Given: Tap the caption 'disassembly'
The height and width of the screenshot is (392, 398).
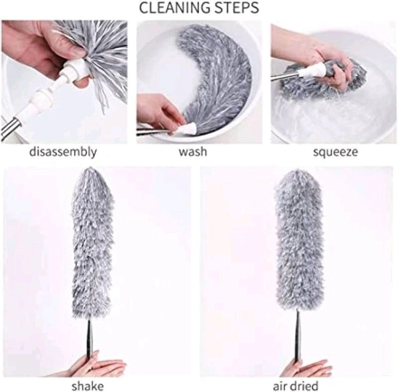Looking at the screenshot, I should [x=63, y=152].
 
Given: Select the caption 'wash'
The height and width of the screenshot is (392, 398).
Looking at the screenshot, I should [x=192, y=152].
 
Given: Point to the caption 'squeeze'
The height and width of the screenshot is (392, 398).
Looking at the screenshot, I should [x=335, y=152].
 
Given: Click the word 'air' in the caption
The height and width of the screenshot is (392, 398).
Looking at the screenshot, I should [x=283, y=385].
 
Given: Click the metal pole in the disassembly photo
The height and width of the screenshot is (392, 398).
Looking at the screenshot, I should [x=10, y=126].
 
